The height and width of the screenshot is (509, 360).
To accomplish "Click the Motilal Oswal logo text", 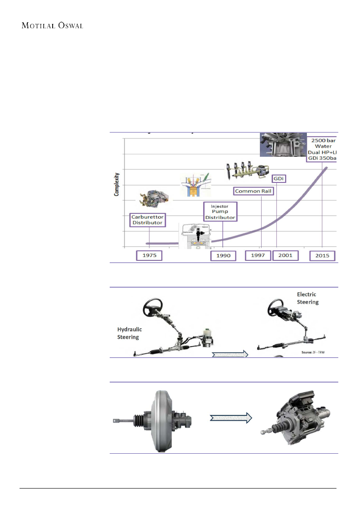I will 52,25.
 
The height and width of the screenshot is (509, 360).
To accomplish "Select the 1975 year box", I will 149,256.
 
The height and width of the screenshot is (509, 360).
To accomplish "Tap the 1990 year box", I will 223,256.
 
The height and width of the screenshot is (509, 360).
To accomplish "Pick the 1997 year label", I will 258,256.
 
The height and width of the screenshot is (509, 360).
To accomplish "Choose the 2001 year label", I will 285,256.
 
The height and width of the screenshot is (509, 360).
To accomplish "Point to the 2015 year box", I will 323,256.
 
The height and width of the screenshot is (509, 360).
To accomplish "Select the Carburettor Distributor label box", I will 148,219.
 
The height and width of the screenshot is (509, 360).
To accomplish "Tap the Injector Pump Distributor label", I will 220,212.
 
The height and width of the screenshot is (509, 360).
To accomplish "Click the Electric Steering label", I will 308,298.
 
